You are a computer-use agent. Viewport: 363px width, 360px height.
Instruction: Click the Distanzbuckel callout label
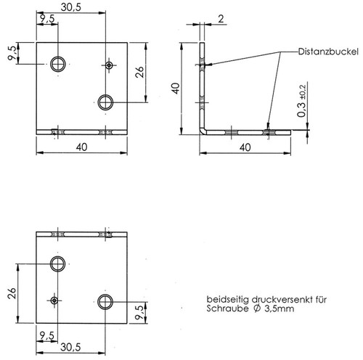click(328, 52)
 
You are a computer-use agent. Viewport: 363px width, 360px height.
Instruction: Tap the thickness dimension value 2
click(221, 19)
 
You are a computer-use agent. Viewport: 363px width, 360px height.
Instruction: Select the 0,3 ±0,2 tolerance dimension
click(302, 101)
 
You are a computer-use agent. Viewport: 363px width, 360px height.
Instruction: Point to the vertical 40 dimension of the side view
click(176, 89)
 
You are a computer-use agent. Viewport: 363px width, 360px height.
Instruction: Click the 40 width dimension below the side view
click(245, 147)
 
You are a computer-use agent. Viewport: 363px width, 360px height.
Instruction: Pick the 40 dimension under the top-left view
click(82, 147)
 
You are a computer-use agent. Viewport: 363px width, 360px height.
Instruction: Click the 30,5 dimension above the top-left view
click(70, 7)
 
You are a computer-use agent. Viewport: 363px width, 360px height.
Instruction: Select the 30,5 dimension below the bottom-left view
click(70, 347)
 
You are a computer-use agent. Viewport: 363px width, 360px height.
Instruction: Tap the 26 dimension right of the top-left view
click(139, 72)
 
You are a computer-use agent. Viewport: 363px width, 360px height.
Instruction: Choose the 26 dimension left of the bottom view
click(12, 293)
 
